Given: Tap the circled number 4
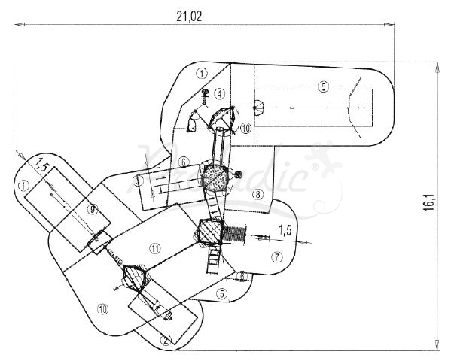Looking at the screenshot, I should point(219,94).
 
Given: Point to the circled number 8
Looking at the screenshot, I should point(257,195).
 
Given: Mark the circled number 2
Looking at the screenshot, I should point(165,339).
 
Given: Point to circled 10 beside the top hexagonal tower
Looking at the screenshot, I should point(247,128).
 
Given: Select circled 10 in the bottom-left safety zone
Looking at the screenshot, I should point(103,307).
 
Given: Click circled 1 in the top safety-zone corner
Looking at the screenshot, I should point(201,73).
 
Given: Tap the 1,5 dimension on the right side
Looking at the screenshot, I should point(284,229).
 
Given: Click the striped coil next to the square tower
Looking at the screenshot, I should point(237,232).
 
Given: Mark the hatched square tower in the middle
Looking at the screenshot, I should point(210,232).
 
